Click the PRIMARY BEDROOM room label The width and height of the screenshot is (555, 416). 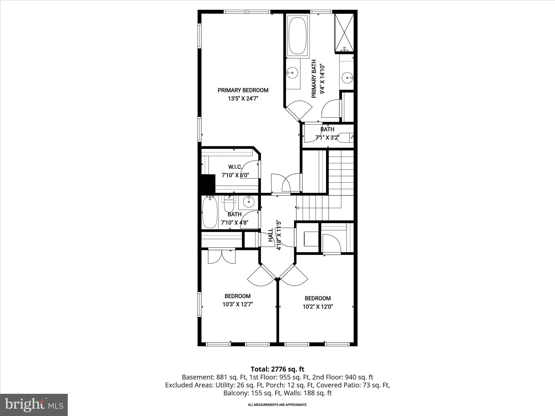tap(243, 90)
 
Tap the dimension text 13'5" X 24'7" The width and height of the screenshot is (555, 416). tap(243, 99)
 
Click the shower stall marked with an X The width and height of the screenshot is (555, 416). tap(344, 32)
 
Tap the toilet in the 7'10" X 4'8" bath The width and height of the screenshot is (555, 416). tap(229, 207)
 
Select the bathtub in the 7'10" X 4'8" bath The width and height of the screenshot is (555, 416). tap(210, 213)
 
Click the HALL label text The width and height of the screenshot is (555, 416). tap(271, 235)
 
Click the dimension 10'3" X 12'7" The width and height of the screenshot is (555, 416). tap(237, 304)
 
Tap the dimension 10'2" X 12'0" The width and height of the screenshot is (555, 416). tap(318, 307)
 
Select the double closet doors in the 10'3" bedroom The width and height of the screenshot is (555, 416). tap(222, 257)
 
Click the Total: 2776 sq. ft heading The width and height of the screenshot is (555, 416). tap(277, 369)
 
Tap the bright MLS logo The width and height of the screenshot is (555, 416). tap(34, 405)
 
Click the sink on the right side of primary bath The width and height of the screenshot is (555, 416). tap(347, 78)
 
